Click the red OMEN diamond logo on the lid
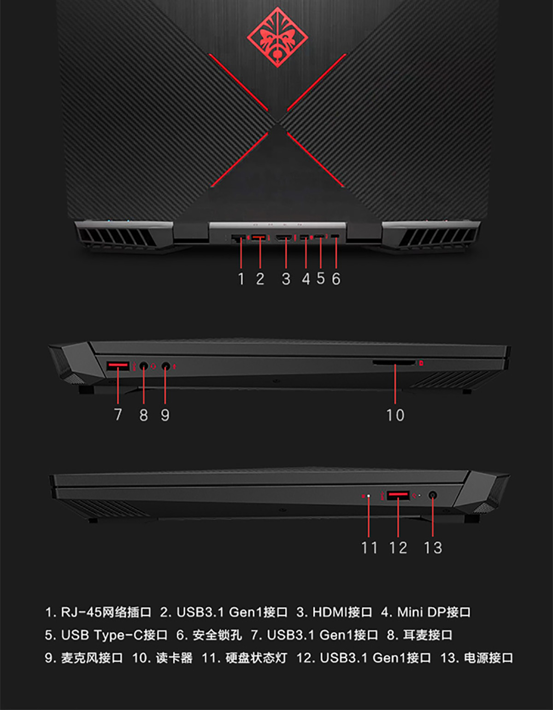277,37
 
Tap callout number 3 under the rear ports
286,279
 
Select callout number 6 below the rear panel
336,279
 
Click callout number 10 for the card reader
395,415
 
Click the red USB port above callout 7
118,366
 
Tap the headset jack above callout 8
143,366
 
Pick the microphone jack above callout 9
166,366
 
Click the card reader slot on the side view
394,363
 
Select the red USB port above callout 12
398,495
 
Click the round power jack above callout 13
433,495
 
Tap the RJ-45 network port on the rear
238,238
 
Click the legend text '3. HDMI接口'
334,612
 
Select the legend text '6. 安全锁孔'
209,635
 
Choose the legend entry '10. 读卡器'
162,658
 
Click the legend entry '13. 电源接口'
477,658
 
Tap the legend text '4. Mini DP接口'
426,612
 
